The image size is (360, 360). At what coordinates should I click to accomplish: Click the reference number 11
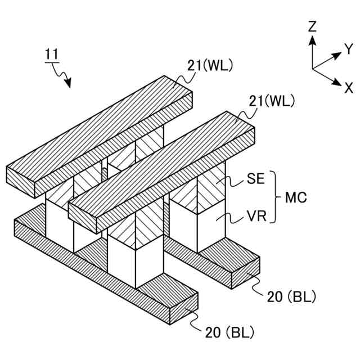[x=51, y=55]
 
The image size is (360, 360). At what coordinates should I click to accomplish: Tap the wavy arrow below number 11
[x=62, y=76]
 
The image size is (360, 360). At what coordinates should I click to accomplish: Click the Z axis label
[x=313, y=26]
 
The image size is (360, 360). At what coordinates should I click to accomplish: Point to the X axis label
[x=349, y=88]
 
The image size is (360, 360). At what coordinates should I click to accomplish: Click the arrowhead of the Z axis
[x=313, y=39]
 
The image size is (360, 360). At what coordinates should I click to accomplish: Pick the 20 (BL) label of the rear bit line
[x=291, y=296]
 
